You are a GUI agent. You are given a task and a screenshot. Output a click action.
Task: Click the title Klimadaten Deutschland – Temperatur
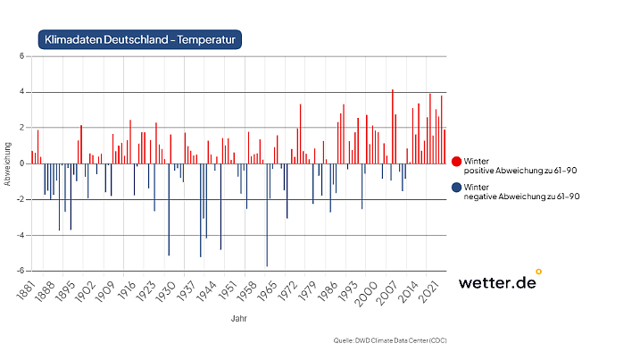coord(139,39)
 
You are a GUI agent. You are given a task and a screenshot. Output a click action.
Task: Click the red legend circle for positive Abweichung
coord(456,162)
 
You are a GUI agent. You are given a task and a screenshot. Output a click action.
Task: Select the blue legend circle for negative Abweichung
coord(456,188)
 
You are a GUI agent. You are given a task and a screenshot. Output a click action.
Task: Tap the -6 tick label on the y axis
coord(20,271)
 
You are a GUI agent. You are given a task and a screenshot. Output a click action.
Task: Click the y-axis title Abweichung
coord(8,163)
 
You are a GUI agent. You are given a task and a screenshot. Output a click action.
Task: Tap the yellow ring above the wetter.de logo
coord(538,271)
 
